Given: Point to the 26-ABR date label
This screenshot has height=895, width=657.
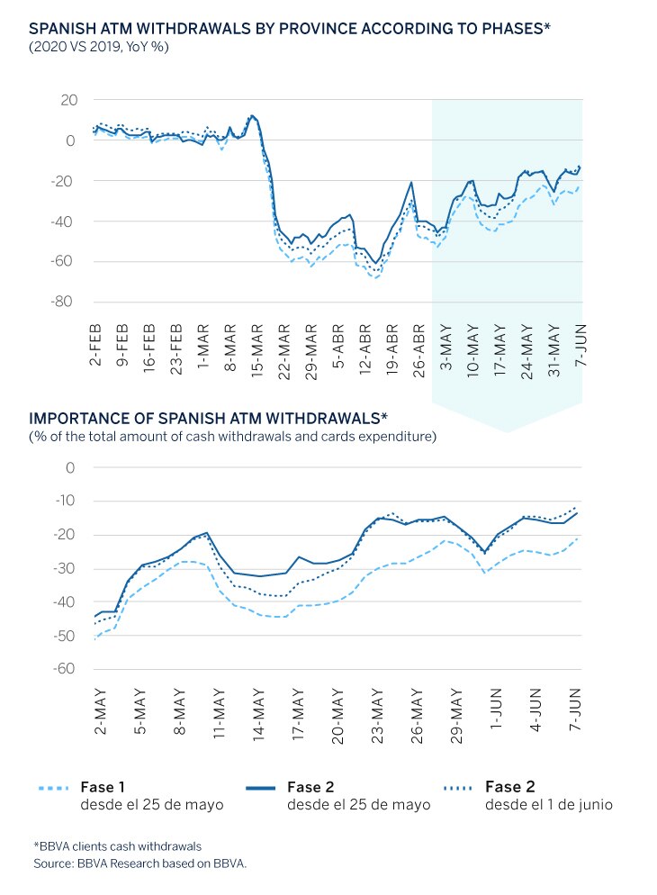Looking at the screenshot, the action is pyautogui.click(x=419, y=350).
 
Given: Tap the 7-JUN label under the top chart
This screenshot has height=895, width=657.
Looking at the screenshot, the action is pyautogui.click(x=580, y=345).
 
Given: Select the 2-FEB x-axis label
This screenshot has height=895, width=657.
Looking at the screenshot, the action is pyautogui.click(x=95, y=345).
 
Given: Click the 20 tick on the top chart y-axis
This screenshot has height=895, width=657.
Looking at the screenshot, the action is pyautogui.click(x=68, y=100).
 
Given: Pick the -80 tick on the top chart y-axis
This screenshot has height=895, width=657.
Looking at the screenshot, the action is pyautogui.click(x=61, y=302).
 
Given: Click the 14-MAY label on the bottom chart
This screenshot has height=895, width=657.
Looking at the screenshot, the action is pyautogui.click(x=259, y=714).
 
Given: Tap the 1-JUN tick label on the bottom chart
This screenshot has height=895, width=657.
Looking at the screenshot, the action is pyautogui.click(x=496, y=709).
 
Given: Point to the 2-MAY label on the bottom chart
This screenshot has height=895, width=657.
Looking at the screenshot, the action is pyautogui.click(x=100, y=711).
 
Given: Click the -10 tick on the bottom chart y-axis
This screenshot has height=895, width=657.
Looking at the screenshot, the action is pyautogui.click(x=65, y=501).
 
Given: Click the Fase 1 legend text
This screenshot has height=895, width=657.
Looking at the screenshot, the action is pyautogui.click(x=103, y=787).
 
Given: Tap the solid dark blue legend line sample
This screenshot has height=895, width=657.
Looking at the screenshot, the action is pyautogui.click(x=261, y=788).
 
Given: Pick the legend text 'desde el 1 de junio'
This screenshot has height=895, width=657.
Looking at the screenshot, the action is pyautogui.click(x=549, y=805).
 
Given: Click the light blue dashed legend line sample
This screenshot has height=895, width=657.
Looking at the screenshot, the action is pyautogui.click(x=54, y=788).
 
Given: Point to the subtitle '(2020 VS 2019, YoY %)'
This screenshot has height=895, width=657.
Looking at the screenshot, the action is pyautogui.click(x=99, y=46).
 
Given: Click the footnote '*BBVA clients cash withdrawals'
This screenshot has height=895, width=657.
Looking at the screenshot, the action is pyautogui.click(x=118, y=845).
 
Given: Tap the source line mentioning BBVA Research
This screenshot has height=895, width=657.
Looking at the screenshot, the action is pyautogui.click(x=139, y=863).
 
